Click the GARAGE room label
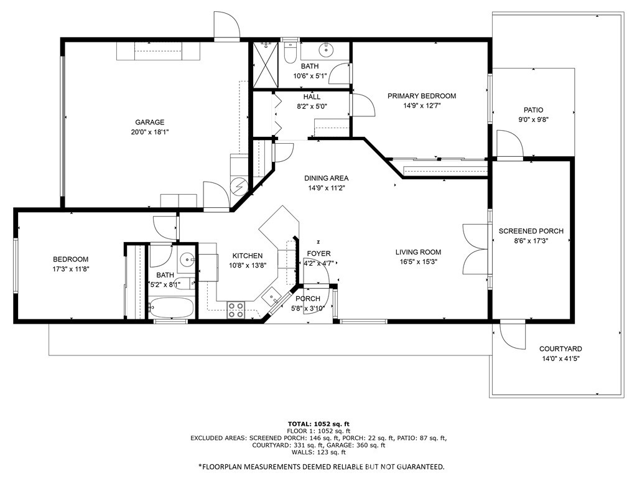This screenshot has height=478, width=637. point(150,122)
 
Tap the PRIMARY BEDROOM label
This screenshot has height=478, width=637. point(422,96)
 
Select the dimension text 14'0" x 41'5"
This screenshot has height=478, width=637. point(560,358)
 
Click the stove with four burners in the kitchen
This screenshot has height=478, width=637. point(236,309)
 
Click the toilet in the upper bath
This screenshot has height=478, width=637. point(290,53)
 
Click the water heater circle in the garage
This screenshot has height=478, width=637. point(239,185)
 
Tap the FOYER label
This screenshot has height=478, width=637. point(318,253)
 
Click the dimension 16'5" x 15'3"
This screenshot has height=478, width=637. point(418,262)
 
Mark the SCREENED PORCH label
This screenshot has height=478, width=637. point(531,231)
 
